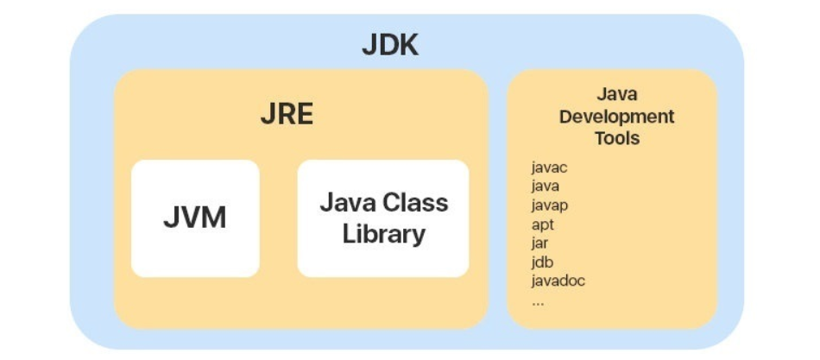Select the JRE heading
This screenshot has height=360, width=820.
point(287,114)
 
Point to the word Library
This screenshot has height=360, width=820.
point(383,233)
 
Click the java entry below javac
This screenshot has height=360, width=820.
point(546,186)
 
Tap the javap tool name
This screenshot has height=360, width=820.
point(549,205)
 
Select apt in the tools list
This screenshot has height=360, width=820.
point(542,224)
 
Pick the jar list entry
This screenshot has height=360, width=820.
point(539,243)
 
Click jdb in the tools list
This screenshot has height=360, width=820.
point(542,262)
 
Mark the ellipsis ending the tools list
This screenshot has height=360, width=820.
point(538,302)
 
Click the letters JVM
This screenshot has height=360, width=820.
point(195,218)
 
